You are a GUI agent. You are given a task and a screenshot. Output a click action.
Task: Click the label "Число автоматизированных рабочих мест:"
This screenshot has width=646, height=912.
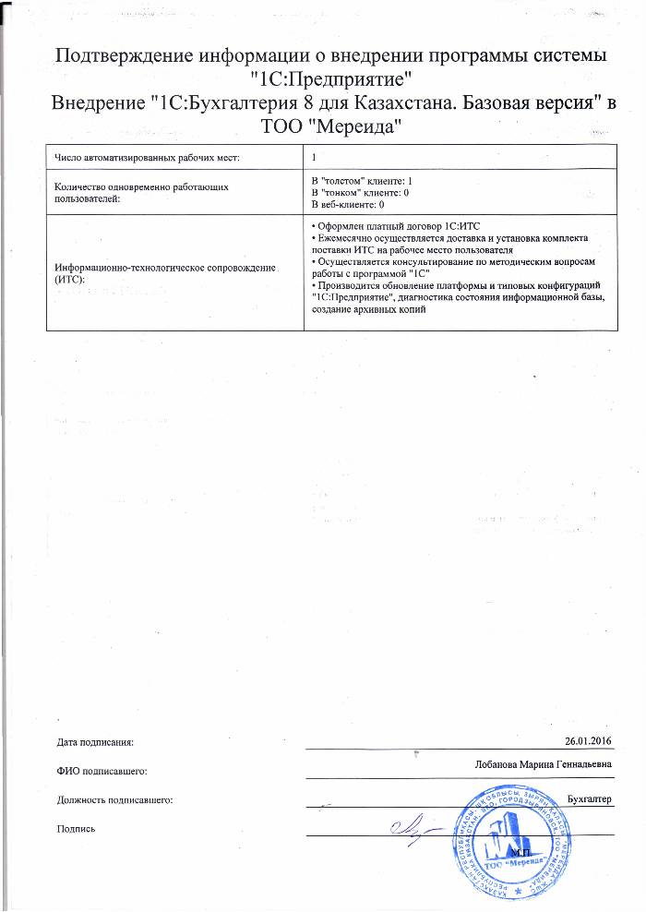148,159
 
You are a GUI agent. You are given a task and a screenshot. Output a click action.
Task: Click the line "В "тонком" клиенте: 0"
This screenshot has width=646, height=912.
354,192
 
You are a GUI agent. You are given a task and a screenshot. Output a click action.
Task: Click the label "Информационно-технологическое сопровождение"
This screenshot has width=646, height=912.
166,267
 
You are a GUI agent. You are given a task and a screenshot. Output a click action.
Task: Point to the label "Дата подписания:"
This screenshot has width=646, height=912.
95,741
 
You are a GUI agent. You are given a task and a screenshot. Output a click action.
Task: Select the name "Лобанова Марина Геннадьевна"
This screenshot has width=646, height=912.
542,764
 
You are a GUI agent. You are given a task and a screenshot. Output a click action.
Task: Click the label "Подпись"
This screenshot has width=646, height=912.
77,828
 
